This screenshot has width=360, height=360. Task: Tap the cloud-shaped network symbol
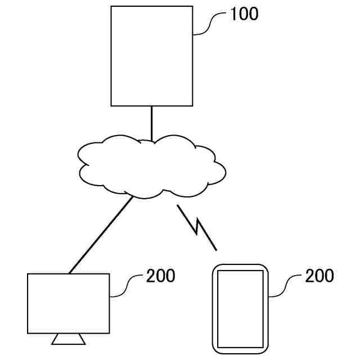click(152, 166)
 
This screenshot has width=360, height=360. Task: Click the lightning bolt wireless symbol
click(197, 227)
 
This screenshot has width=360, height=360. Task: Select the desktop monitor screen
click(68, 304)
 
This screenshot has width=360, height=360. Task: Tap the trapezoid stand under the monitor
click(68, 339)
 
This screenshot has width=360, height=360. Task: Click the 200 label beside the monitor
click(161, 276)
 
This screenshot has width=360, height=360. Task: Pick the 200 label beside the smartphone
click(319, 276)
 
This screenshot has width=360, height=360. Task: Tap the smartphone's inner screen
click(240, 308)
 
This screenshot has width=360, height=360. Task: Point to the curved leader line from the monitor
click(127, 286)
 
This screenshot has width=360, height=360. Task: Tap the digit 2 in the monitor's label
click(151, 276)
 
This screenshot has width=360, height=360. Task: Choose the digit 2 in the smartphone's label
click(309, 276)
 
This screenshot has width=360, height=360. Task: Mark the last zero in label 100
click(254, 14)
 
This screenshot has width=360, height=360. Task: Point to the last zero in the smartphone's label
click(329, 276)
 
